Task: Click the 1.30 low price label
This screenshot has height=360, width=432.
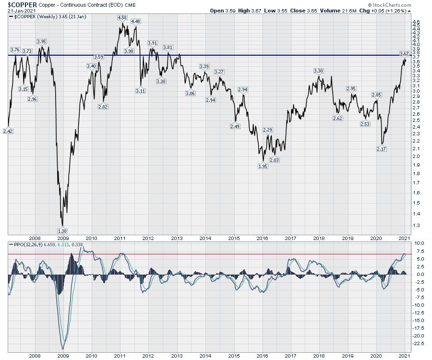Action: pyautogui.click(x=62, y=230)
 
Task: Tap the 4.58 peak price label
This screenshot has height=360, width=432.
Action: pyautogui.click(x=122, y=18)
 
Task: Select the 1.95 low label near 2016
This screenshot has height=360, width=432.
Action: pyautogui.click(x=263, y=166)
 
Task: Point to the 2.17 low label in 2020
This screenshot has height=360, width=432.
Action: pyautogui.click(x=382, y=149)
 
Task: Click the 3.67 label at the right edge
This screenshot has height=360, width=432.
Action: pyautogui.click(x=404, y=53)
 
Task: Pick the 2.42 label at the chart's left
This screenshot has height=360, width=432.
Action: pyautogui.click(x=8, y=131)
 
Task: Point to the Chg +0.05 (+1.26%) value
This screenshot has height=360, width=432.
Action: pyautogui.click(x=389, y=11)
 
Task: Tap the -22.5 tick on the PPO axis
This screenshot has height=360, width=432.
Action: pyautogui.click(x=418, y=343)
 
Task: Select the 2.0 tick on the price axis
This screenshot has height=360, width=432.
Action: pyautogui.click(x=416, y=156)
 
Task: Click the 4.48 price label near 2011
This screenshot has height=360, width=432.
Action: pyautogui.click(x=135, y=21)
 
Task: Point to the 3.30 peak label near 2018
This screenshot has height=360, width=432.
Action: pyautogui.click(x=318, y=71)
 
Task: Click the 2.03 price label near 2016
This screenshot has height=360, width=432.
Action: pyautogui.click(x=275, y=160)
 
